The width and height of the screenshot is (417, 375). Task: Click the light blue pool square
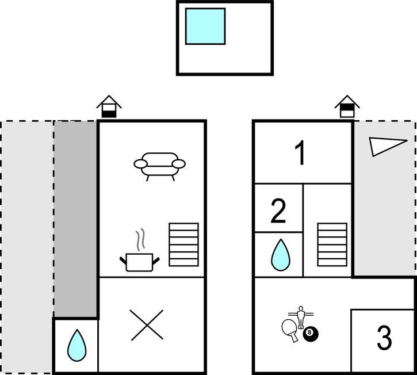[x=205, y=26]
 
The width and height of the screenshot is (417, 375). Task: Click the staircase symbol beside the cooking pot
[x=183, y=244]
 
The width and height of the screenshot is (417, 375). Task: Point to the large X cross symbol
[x=147, y=325]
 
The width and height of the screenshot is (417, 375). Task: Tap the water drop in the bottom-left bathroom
[x=77, y=345]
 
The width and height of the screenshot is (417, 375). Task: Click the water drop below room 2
[x=281, y=255]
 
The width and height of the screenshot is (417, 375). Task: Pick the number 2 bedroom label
[x=278, y=211]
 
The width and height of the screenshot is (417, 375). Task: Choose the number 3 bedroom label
[x=384, y=337]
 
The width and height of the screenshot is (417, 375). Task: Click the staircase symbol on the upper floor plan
[x=332, y=244]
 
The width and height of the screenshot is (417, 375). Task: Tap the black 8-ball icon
[x=311, y=334]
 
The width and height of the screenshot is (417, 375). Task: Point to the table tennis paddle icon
[x=290, y=330]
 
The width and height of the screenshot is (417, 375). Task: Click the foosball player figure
[x=301, y=317]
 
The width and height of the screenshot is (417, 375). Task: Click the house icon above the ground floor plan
[x=109, y=106]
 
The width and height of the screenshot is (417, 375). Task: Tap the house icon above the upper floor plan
[x=347, y=106]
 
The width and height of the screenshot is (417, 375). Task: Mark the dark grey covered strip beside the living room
[x=75, y=219]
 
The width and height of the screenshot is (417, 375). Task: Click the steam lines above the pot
[x=140, y=239]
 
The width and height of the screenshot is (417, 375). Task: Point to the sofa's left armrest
[x=140, y=164]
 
